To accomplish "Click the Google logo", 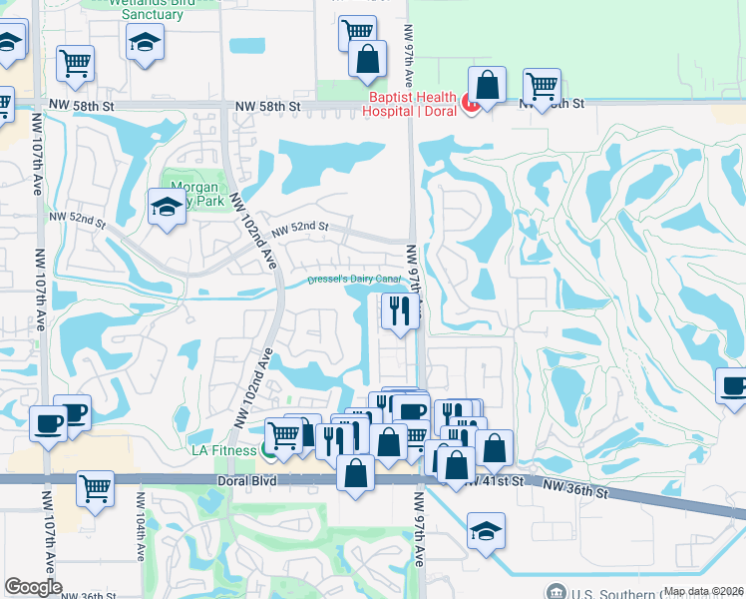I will tap(33, 587).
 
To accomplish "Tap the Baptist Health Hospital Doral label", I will tap(413, 104).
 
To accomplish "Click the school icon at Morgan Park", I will tap(167, 208).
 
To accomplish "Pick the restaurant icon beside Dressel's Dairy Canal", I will tap(400, 312).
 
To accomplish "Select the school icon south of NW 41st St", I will tap(486, 529).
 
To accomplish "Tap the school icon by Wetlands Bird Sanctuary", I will tap(145, 42).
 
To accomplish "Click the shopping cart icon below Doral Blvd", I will tap(96, 489).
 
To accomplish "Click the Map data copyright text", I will tap(704, 591).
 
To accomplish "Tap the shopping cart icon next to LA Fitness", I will tap(284, 434).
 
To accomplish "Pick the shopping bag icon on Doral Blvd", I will tap(356, 473).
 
